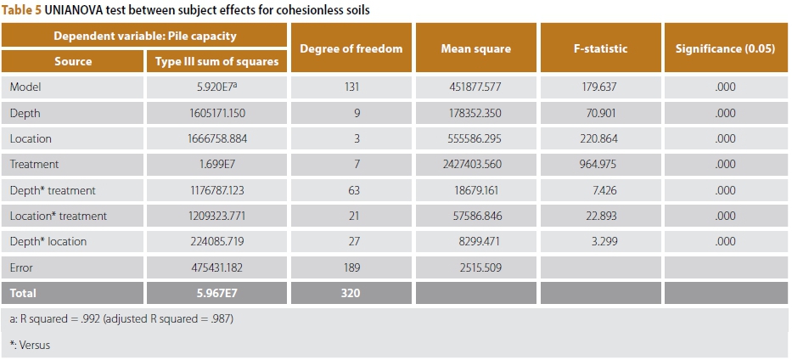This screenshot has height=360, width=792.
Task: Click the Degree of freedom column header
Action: pyautogui.click(x=351, y=48)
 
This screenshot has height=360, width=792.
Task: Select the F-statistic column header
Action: pyautogui.click(x=600, y=48)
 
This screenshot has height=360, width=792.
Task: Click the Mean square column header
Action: pyautogui.click(x=475, y=48)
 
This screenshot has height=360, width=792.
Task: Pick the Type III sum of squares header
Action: pyautogui.click(x=217, y=61)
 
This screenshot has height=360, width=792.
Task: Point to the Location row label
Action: pyautogui.click(x=31, y=138)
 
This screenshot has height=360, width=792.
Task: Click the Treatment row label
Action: pyautogui.click(x=34, y=164)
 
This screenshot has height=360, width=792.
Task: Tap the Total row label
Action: pyautogui.click(x=24, y=294)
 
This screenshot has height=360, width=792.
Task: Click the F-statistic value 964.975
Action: pyautogui.click(x=600, y=164)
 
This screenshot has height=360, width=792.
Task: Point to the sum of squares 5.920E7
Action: pyautogui.click(x=217, y=87)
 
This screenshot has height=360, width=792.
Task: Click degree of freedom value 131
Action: pyautogui.click(x=351, y=87)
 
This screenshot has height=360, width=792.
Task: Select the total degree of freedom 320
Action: pyautogui.click(x=351, y=294)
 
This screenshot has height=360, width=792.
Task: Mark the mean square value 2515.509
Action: pyautogui.click(x=475, y=267)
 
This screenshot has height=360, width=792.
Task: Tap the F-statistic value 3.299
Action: pyautogui.click(x=600, y=242)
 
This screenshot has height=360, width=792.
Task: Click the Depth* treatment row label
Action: pyautogui.click(x=53, y=190)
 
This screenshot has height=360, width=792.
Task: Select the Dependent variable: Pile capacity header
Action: pyautogui.click(x=145, y=36)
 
